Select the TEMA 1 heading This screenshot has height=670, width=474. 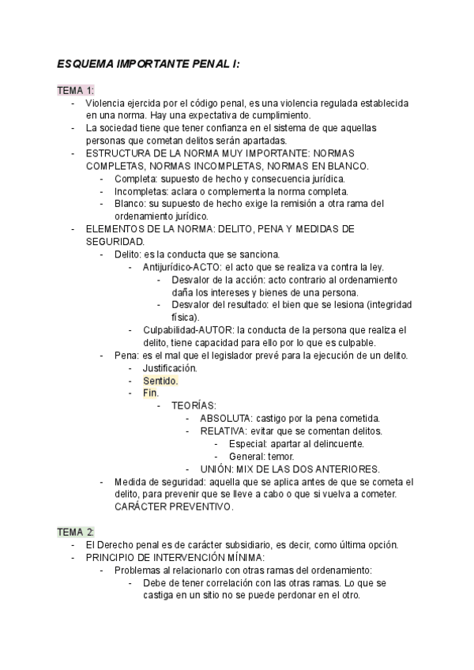[75, 90]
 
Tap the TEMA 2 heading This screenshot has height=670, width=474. [75, 531]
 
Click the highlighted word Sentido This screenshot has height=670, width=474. [160, 380]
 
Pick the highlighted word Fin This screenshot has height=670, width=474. [150, 393]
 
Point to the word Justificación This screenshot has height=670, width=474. [170, 368]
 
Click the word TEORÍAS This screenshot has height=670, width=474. [194, 405]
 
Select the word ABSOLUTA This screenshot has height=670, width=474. [226, 418]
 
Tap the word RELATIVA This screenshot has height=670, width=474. [224, 431]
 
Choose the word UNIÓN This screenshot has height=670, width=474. [217, 469]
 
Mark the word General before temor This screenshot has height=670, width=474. [246, 456]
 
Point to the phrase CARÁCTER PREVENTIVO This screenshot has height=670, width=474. [174, 506]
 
